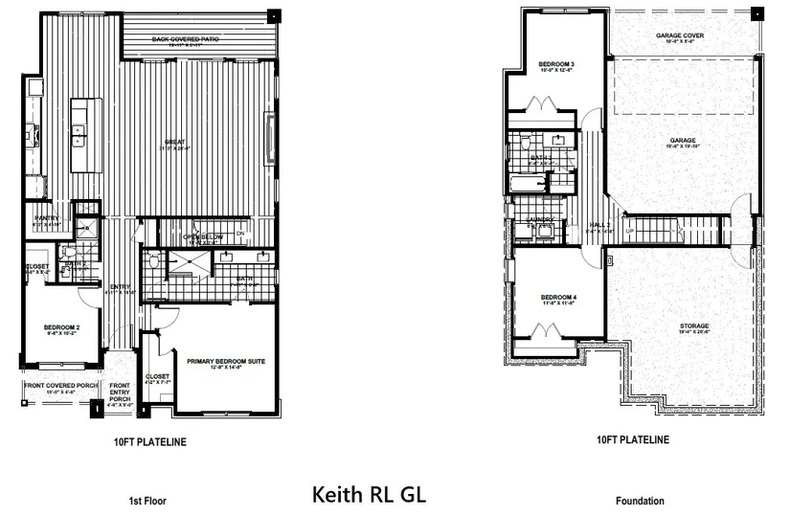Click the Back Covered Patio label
click(200, 39)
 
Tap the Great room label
click(174, 143)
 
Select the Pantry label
click(47, 218)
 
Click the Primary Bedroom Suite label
click(225, 361)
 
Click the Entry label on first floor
click(120, 286)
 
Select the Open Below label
click(204, 236)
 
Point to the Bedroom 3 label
click(557, 64)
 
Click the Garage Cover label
click(680, 35)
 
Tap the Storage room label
click(694, 326)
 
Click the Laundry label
click(540, 220)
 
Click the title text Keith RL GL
click(369, 495)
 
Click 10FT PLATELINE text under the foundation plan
click(632, 440)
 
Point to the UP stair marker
click(628, 232)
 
